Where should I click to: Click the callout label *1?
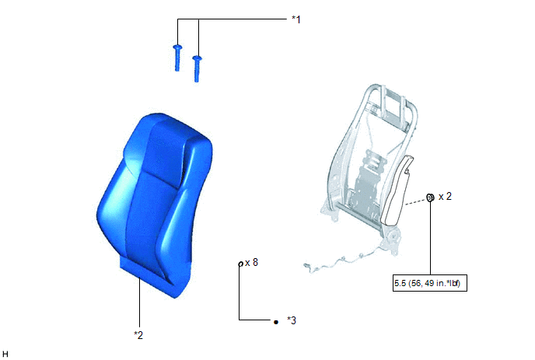[x=296, y=19]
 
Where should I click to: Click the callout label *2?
[x=138, y=335]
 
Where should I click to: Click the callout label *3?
[x=292, y=320]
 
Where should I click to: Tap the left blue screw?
[x=177, y=58]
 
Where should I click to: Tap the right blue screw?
[x=197, y=68]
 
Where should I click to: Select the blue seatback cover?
[x=155, y=204]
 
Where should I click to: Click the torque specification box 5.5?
[x=430, y=283]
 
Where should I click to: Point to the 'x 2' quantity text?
[x=445, y=196]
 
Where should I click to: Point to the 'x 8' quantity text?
[x=251, y=262]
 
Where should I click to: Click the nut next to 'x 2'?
[x=430, y=197]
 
